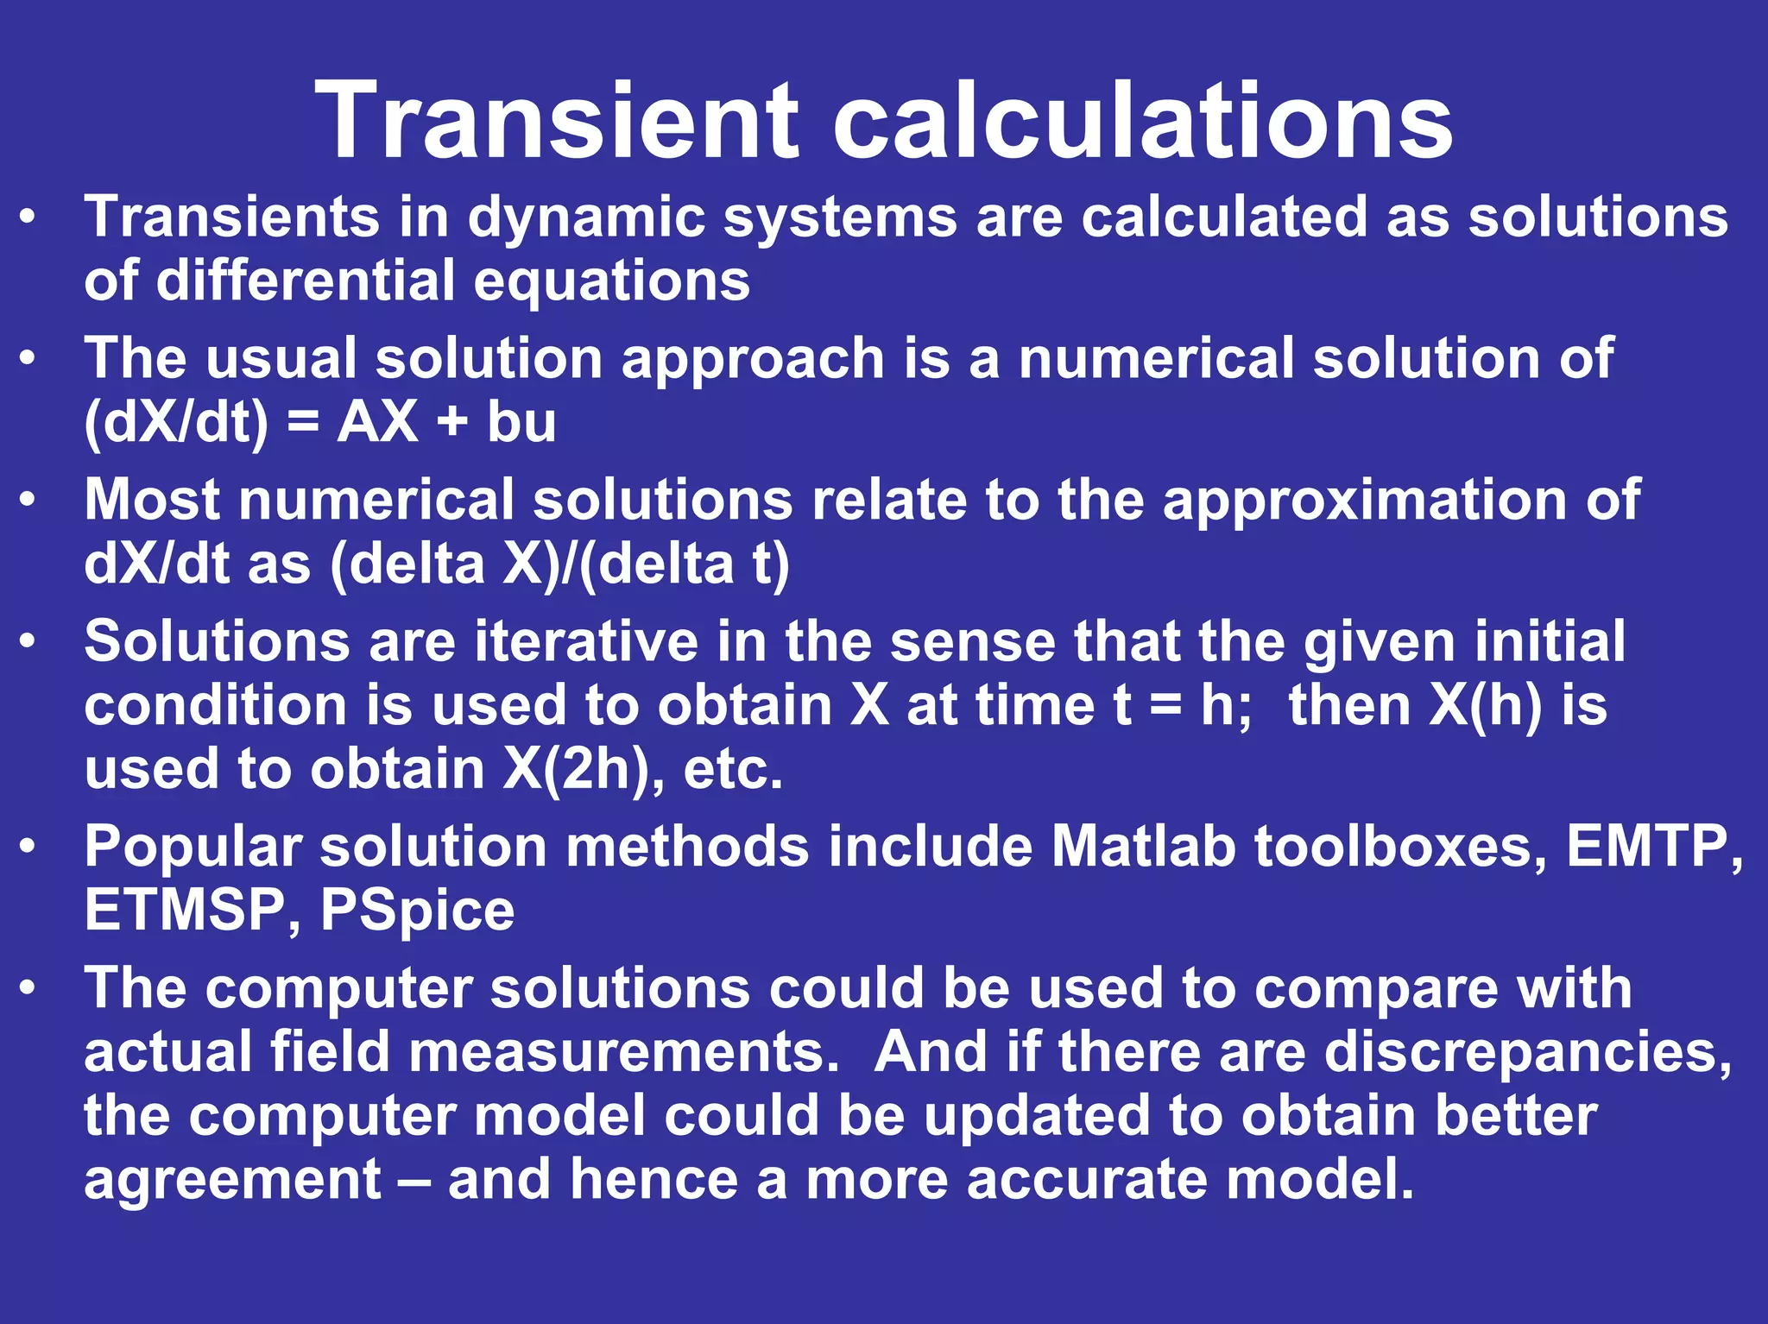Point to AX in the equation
377,423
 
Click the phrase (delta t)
685,564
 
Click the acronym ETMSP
184,910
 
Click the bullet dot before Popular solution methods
28,847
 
